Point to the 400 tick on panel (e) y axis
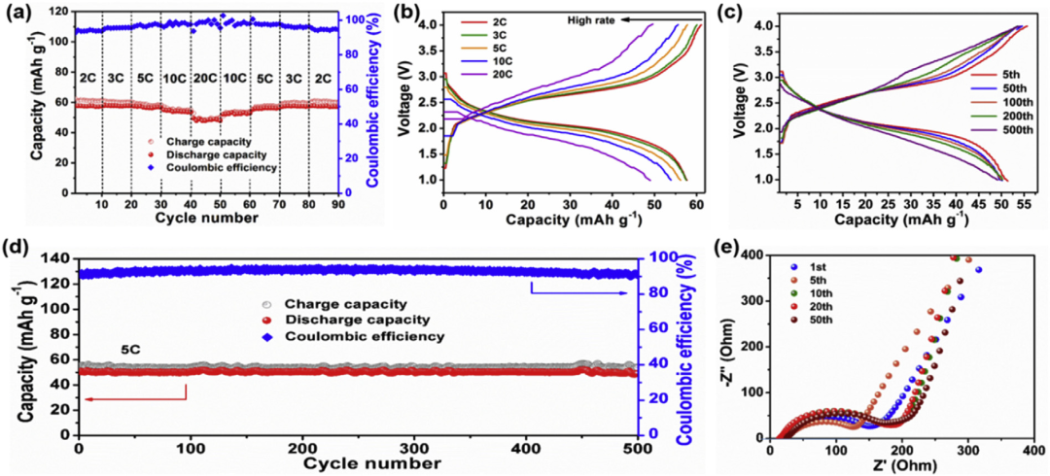(x=750, y=255)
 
